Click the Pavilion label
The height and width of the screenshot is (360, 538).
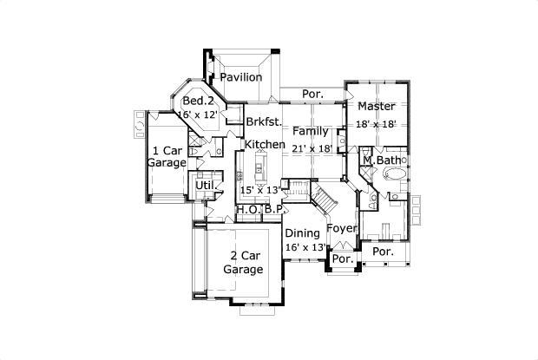(x=241, y=77)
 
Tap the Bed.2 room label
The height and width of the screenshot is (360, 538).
(x=199, y=101)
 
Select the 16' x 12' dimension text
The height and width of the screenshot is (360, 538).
(x=198, y=115)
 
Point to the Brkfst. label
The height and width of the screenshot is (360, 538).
(x=264, y=121)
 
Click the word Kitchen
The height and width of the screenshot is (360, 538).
(x=265, y=144)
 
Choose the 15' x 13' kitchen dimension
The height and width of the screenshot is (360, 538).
(x=260, y=190)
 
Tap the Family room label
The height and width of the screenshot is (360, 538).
(x=311, y=131)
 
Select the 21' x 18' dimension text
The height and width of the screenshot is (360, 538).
(x=312, y=148)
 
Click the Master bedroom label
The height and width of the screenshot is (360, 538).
(x=377, y=107)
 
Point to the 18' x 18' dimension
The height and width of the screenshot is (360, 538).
(x=376, y=124)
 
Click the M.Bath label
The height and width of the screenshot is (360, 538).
(x=382, y=160)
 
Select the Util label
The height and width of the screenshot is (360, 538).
(x=205, y=186)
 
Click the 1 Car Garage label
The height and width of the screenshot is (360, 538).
(x=167, y=156)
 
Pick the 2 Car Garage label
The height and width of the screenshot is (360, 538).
(x=243, y=263)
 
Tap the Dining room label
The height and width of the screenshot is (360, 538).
(x=303, y=233)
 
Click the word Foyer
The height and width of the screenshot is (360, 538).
(x=342, y=229)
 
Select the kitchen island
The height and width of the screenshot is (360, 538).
(x=260, y=168)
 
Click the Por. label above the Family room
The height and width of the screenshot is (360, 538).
(x=312, y=94)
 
